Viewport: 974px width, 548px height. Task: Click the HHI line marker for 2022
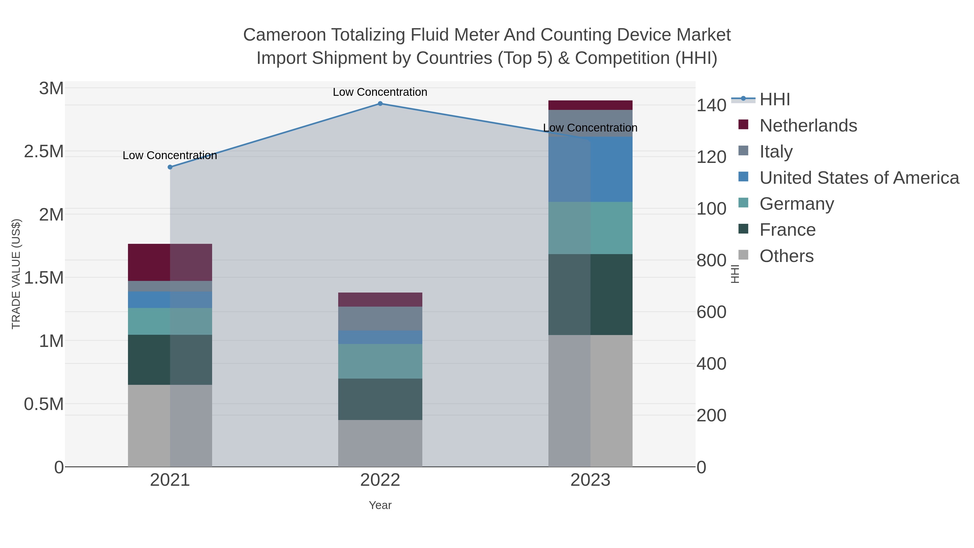tap(380, 104)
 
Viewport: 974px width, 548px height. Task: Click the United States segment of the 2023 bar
tap(590, 169)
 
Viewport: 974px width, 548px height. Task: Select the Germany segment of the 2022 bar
tap(380, 361)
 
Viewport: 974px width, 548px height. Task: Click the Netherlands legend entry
tap(808, 126)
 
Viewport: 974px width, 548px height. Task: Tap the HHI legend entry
tap(774, 100)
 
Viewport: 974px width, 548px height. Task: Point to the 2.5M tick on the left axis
tap(44, 152)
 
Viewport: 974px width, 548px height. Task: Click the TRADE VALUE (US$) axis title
tap(16, 274)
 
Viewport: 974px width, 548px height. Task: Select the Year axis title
tap(380, 505)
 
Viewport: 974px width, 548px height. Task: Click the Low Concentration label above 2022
tap(380, 92)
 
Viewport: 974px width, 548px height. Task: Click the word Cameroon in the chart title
tap(284, 35)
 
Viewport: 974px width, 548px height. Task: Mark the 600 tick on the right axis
tap(711, 312)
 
